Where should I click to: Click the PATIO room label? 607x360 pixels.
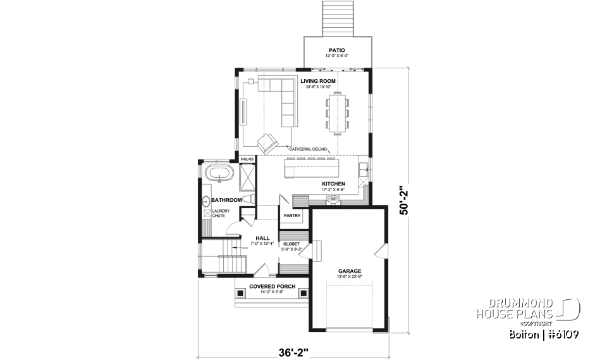(336, 49)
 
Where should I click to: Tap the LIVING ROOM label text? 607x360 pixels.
(318, 81)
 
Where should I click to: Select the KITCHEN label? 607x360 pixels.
(333, 184)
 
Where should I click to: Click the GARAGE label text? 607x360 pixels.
(349, 271)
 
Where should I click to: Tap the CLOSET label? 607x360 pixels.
(291, 244)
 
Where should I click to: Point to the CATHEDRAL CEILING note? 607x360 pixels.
(308, 149)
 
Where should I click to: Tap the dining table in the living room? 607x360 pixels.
(338, 113)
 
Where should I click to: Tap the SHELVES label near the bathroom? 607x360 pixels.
(247, 159)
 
